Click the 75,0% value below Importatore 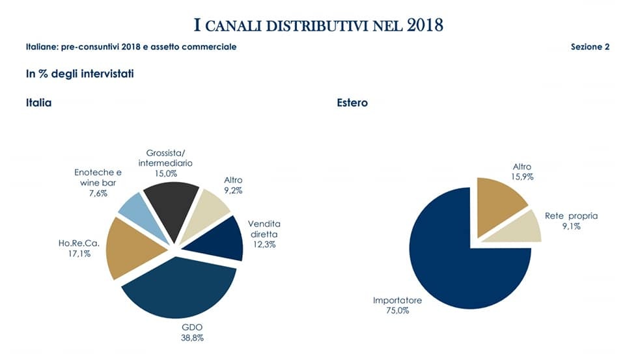tap(397, 311)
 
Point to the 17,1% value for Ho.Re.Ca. tap(78, 254)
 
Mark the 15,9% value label tap(521, 176)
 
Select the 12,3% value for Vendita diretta tap(264, 244)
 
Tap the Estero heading tap(352, 103)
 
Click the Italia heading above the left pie tap(39, 103)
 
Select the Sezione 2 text tap(590, 47)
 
